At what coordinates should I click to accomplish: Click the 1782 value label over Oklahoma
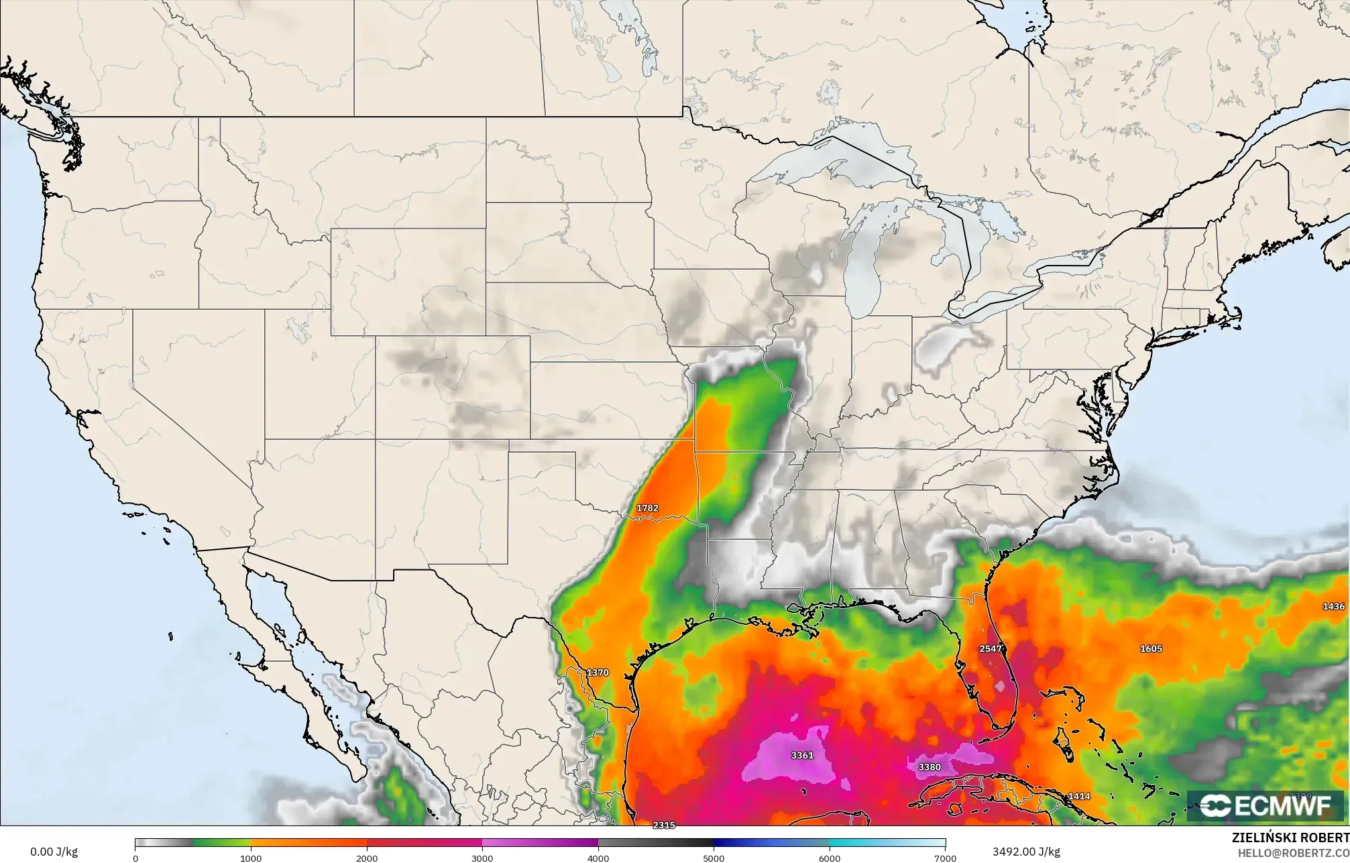(647, 508)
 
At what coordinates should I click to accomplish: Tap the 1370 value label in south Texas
(597, 673)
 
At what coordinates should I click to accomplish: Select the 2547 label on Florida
(991, 648)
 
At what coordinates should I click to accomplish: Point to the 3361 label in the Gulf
(802, 755)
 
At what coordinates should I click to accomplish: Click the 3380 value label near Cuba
(929, 767)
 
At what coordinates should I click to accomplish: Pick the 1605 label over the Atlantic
(1151, 648)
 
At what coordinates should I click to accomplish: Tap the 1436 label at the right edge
(1333, 606)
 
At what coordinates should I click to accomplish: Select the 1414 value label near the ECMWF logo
(1079, 797)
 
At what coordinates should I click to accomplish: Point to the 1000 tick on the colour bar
(251, 858)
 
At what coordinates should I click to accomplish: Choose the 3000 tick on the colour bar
(482, 858)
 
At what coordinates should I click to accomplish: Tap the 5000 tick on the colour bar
(714, 858)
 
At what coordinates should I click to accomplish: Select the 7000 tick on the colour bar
(945, 858)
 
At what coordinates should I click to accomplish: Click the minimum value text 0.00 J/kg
(54, 852)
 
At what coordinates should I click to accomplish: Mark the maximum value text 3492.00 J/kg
(1026, 852)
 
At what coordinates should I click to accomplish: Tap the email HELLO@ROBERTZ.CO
(1293, 852)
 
